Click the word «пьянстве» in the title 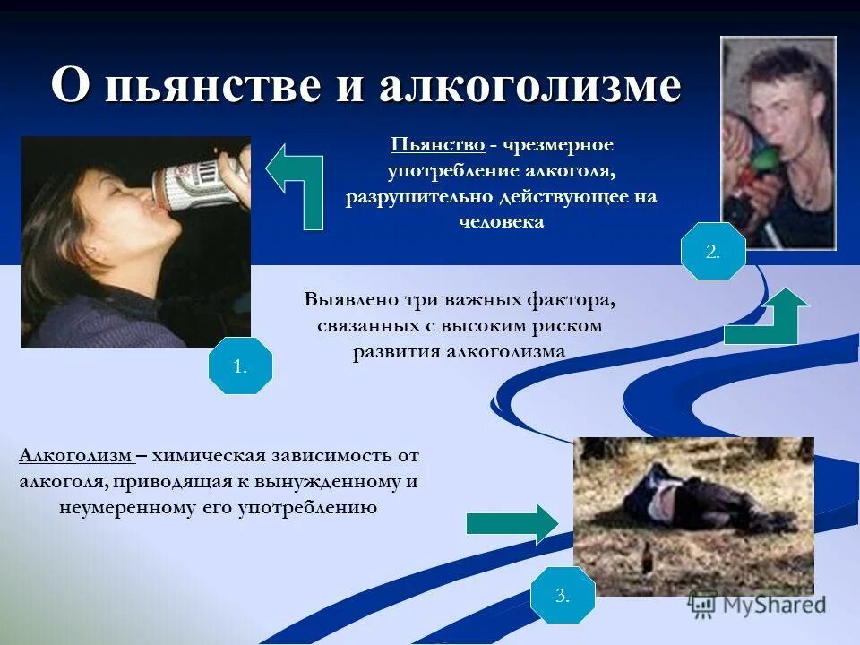[211, 87]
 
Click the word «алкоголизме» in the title [529, 87]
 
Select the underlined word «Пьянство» [438, 144]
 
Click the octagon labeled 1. [239, 365]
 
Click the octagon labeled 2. [713, 253]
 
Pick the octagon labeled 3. [563, 595]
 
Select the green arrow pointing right [512, 523]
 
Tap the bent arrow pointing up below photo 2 [767, 318]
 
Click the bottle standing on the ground [643, 561]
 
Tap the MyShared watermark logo [758, 605]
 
